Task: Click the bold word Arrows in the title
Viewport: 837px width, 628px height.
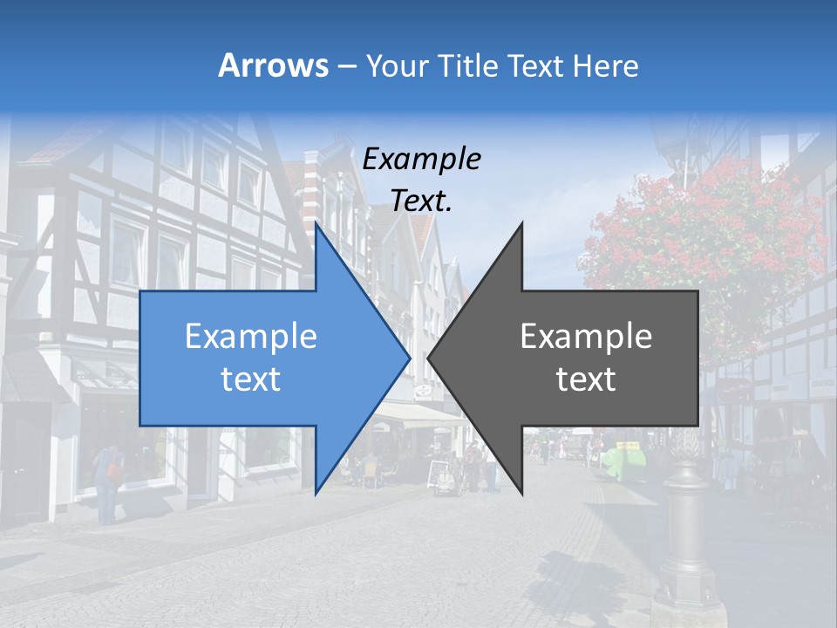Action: [273, 65]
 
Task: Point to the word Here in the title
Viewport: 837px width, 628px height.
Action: [605, 66]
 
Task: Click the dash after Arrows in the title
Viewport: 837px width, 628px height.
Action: [346, 67]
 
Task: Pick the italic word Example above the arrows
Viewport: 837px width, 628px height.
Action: [421, 160]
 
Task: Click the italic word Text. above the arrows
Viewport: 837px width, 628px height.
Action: [421, 201]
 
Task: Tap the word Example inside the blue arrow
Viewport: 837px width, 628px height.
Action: [251, 337]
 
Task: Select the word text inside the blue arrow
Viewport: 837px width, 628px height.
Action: [251, 379]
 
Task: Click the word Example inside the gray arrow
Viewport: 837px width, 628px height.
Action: [586, 337]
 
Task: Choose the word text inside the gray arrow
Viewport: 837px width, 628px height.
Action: [586, 379]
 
